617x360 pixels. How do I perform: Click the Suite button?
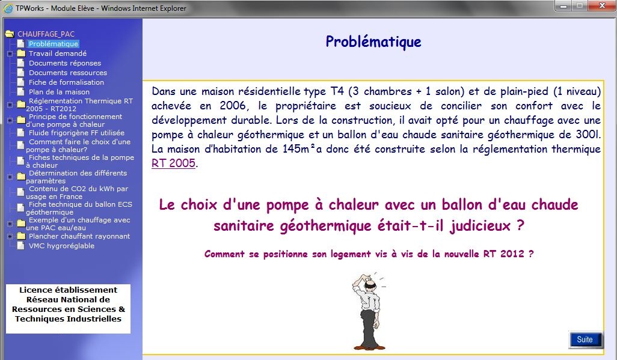click(x=585, y=340)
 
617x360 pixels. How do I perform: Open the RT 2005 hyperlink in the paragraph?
click(x=174, y=163)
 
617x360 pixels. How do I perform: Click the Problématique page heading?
click(x=373, y=41)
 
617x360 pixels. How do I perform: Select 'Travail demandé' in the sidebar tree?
click(x=58, y=53)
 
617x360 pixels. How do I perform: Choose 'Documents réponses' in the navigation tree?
click(x=65, y=63)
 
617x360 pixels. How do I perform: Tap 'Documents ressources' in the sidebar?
click(x=68, y=73)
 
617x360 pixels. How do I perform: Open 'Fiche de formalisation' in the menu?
click(x=66, y=82)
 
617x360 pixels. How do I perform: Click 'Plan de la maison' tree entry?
click(x=59, y=92)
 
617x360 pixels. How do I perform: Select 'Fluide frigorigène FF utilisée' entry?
click(x=76, y=133)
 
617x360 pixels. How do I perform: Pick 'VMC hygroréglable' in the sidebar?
click(x=61, y=246)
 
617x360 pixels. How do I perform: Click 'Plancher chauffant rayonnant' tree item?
click(x=79, y=236)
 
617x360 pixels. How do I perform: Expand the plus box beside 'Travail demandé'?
click(x=10, y=53)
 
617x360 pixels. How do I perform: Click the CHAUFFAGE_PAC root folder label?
click(x=46, y=34)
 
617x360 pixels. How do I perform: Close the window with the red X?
click(x=602, y=5)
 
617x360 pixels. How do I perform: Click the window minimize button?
click(x=563, y=6)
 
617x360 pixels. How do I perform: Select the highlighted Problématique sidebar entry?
click(x=54, y=44)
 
